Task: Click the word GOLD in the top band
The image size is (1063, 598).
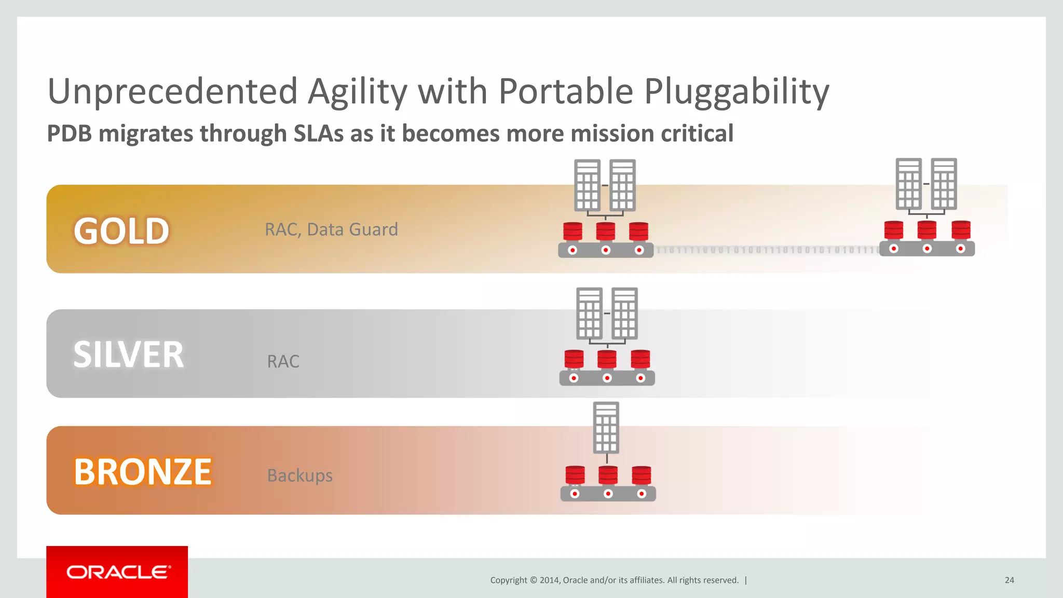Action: click(x=121, y=230)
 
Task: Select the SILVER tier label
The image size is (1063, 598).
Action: click(x=128, y=355)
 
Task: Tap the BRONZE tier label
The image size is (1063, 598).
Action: click(x=143, y=471)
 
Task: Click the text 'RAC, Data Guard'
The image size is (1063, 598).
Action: click(x=331, y=229)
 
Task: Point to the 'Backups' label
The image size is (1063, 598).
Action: click(x=299, y=475)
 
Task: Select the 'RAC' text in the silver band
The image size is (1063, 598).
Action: click(x=283, y=361)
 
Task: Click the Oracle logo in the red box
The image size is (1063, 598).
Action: click(x=117, y=572)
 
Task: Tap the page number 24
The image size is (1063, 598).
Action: click(x=1009, y=580)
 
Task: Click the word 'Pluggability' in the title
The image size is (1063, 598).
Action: click(x=737, y=91)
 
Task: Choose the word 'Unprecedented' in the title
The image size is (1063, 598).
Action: click(x=172, y=91)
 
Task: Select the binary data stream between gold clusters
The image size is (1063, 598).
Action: click(x=766, y=250)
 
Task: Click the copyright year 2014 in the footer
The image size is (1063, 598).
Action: click(x=549, y=580)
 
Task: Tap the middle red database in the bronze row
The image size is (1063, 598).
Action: click(x=608, y=474)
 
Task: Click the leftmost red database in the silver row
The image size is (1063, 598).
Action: click(x=574, y=359)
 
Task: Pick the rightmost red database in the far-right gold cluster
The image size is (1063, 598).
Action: click(x=961, y=229)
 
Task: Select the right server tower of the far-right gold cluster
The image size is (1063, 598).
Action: click(x=944, y=184)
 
